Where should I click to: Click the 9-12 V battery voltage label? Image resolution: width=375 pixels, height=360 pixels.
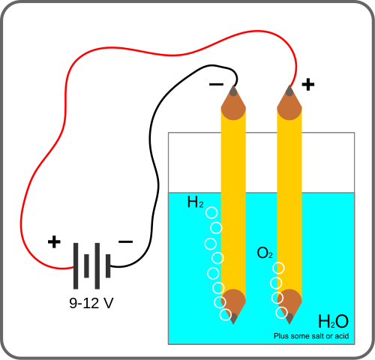tap(91, 304)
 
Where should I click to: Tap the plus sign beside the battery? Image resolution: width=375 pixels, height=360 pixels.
tap(53, 241)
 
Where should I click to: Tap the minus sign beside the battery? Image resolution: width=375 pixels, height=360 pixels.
tap(125, 241)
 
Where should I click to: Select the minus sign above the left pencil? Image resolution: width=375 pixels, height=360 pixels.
tap(216, 84)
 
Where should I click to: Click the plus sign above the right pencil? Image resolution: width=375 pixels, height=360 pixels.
tap(307, 83)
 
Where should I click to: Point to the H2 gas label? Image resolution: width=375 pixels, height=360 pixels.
tap(195, 202)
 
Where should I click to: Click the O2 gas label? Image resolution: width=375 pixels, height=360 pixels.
tap(265, 253)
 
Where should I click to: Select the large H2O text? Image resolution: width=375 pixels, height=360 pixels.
tap(333, 321)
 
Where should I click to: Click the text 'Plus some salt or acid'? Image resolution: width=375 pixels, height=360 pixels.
tap(312, 336)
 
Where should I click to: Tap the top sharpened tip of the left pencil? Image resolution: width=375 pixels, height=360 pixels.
tap(233, 91)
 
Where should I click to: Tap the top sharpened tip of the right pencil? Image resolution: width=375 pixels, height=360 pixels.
tap(289, 91)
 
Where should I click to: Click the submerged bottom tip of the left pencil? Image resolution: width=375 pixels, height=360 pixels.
tap(234, 318)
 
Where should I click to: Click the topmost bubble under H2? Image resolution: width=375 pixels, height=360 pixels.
tap(211, 213)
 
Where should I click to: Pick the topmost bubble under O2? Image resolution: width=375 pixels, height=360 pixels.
tap(279, 268)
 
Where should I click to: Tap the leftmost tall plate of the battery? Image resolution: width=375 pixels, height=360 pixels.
tap(75, 265)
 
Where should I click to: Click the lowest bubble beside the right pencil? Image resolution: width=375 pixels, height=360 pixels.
tap(282, 312)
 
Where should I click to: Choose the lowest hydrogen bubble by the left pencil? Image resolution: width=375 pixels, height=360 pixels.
tap(225, 314)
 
